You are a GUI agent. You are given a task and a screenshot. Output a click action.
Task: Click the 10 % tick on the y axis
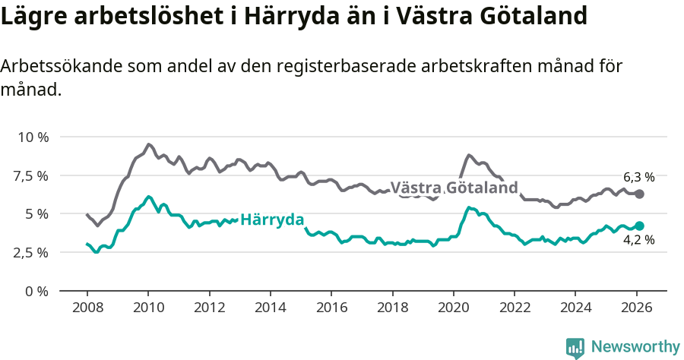pyautogui.click(x=33, y=137)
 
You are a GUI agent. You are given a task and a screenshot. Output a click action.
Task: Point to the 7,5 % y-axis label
pyautogui.click(x=32, y=175)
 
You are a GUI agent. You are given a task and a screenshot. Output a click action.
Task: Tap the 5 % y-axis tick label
pyautogui.click(x=37, y=214)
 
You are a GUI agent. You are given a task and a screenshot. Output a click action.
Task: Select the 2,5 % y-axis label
pyautogui.click(x=32, y=252)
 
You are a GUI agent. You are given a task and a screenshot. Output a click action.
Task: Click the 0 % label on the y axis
pyautogui.click(x=37, y=291)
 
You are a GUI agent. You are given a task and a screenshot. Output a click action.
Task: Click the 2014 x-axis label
pyautogui.click(x=270, y=308)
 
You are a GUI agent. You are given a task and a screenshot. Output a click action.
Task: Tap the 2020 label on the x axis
pyautogui.click(x=453, y=308)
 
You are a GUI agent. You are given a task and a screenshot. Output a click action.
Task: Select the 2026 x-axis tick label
pyautogui.click(x=636, y=308)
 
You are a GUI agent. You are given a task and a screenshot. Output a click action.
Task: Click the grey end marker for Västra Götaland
pyautogui.click(x=639, y=194)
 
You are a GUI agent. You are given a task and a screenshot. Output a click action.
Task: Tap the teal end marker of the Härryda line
pyautogui.click(x=639, y=226)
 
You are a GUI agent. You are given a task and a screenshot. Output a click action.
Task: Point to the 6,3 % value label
pyautogui.click(x=638, y=176)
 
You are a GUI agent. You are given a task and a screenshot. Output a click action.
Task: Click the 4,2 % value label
pyautogui.click(x=638, y=241)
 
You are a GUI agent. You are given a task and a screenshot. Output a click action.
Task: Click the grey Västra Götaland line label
pyautogui.click(x=454, y=188)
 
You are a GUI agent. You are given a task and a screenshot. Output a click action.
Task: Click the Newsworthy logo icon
pyautogui.click(x=575, y=348)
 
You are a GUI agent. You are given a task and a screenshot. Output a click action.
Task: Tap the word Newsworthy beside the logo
pyautogui.click(x=635, y=347)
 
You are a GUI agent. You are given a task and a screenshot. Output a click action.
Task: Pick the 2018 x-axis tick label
pyautogui.click(x=392, y=308)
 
